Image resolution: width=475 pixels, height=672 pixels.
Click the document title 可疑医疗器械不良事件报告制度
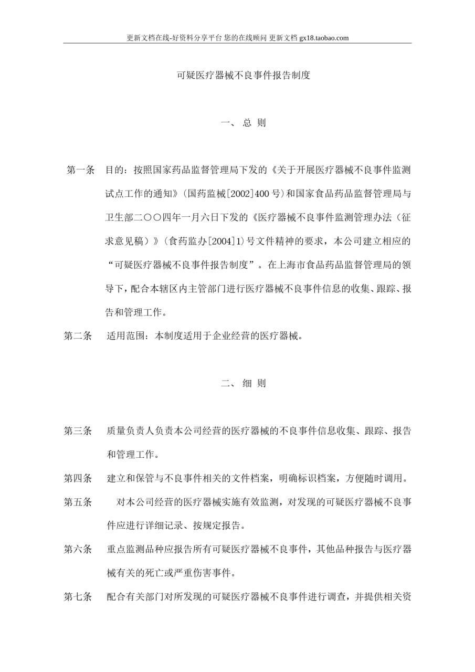[x=243, y=75]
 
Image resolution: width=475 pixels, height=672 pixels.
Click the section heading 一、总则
[x=243, y=123]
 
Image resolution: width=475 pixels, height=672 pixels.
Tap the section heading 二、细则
[x=243, y=383]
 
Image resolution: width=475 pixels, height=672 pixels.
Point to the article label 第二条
[x=78, y=336]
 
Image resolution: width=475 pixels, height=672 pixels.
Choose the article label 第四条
[x=78, y=478]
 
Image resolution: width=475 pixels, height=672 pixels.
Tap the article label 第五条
[x=78, y=502]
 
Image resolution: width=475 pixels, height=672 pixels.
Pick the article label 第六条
[x=78, y=550]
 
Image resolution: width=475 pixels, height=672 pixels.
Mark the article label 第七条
[x=78, y=597]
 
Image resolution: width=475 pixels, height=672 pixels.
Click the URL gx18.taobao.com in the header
[x=324, y=38]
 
